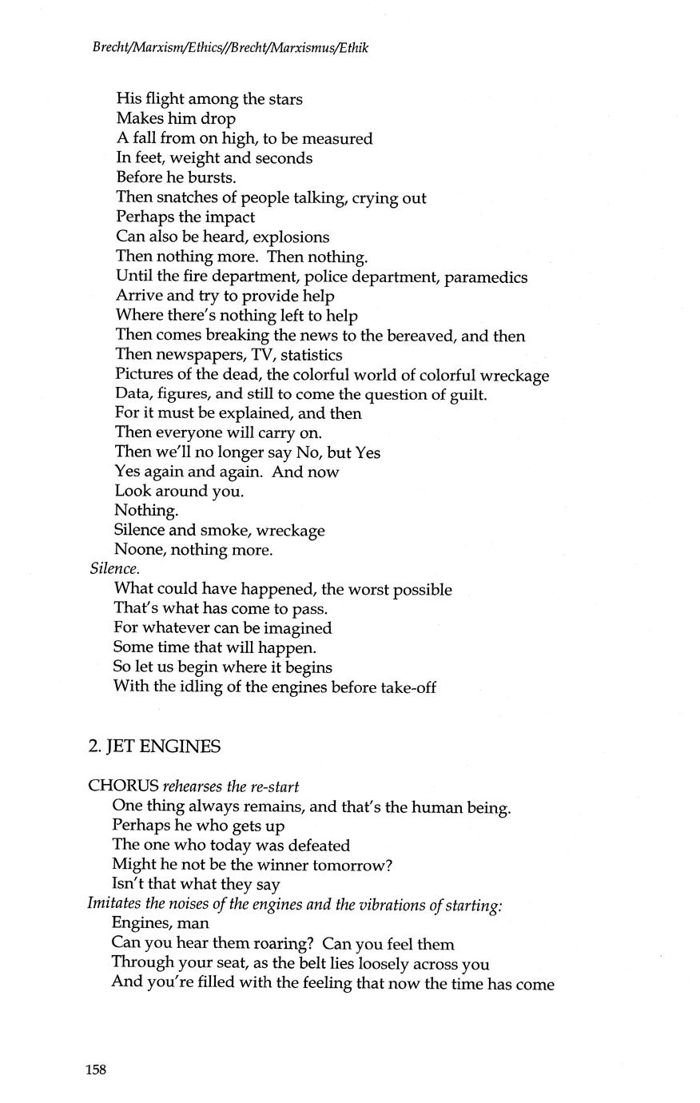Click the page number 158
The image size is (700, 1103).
click(97, 1070)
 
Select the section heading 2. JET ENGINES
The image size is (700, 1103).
click(154, 747)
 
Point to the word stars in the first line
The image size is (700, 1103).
click(282, 99)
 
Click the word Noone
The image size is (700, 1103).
click(139, 550)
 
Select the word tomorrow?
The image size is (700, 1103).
click(358, 865)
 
